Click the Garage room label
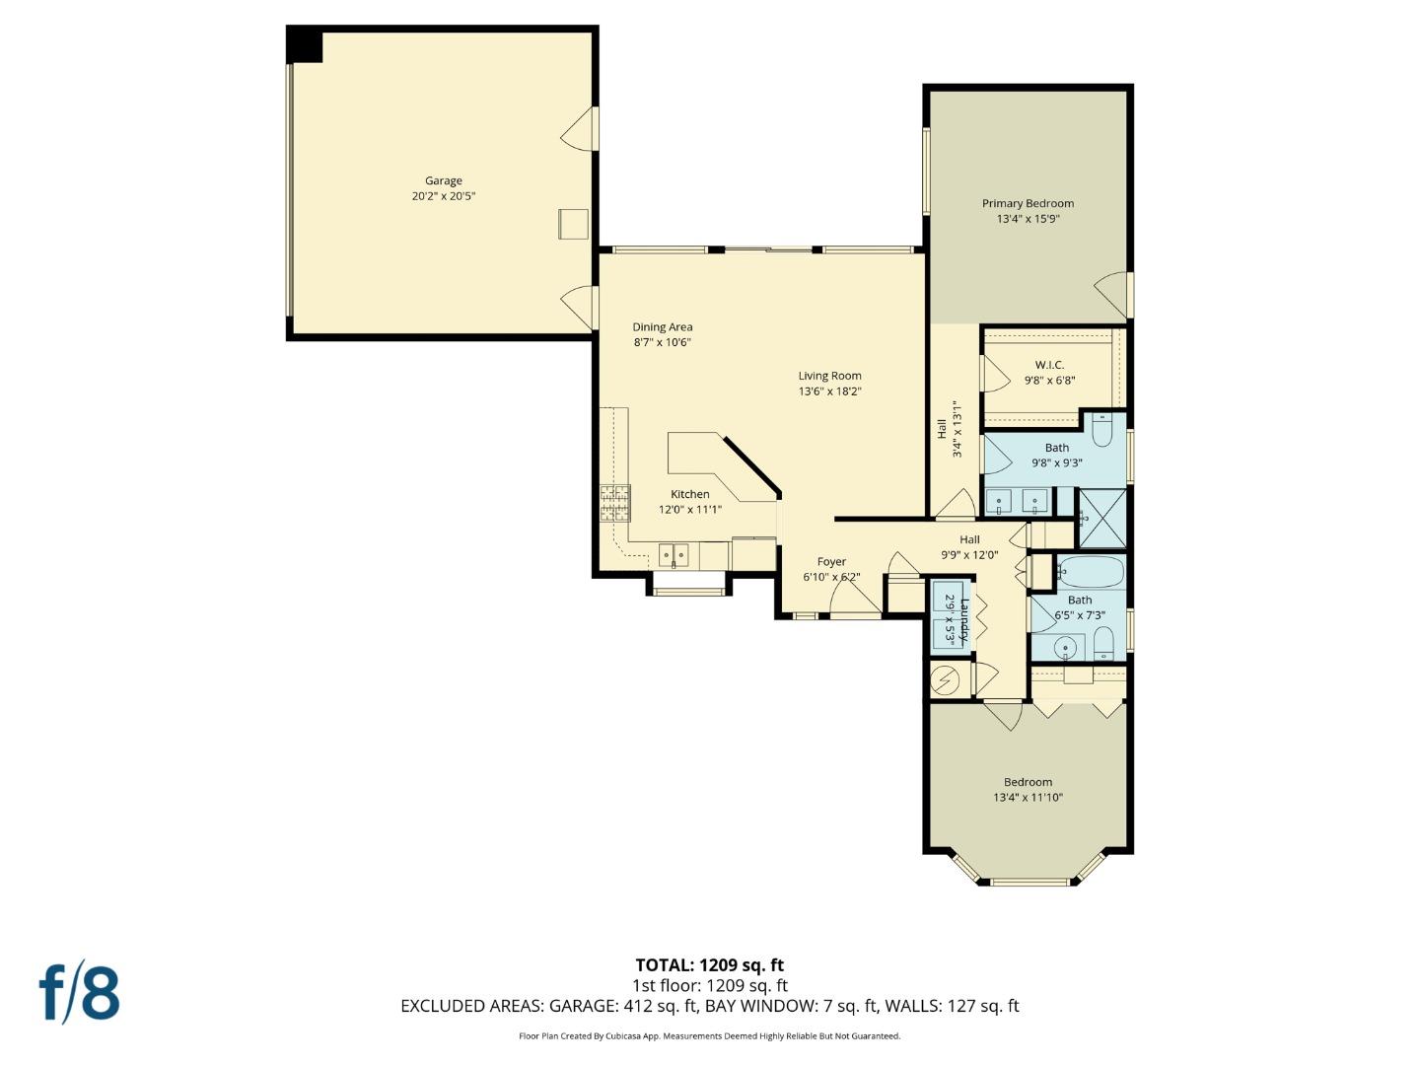(443, 180)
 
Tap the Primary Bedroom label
(1028, 203)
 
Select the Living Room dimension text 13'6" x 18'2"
(829, 391)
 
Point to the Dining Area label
(662, 326)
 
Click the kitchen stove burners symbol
(614, 503)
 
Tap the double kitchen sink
(674, 556)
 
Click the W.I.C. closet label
(1049, 365)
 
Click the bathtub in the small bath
(1090, 571)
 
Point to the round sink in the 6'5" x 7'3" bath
(1065, 649)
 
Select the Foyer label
(831, 561)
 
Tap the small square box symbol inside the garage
(573, 224)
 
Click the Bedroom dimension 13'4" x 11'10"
(1028, 798)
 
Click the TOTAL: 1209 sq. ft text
(709, 965)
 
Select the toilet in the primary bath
(1102, 431)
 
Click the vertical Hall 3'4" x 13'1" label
(949, 429)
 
